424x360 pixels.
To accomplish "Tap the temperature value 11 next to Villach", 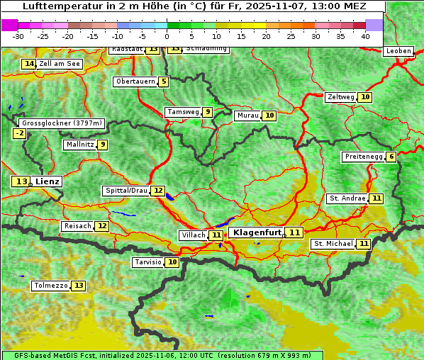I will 216,235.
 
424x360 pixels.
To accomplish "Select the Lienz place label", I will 48,181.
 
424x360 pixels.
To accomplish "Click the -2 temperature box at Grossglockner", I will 19,133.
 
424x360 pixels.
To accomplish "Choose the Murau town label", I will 247,116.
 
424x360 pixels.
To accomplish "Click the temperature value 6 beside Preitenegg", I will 391,157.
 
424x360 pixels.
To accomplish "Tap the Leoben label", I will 398,51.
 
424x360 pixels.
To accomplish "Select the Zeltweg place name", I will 341,97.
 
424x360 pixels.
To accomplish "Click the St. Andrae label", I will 347,198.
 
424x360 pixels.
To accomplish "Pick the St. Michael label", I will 333,244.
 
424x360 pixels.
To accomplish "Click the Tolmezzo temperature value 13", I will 78,286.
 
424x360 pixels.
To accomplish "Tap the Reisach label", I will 77,226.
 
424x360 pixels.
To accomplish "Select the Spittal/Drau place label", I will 126,191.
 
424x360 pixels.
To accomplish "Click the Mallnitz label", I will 79,145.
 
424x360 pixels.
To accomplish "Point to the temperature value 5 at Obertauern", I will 164,81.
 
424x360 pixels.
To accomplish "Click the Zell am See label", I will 60,64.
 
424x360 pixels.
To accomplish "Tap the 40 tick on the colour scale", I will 365,35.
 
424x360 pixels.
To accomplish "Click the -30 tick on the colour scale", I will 18,35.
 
